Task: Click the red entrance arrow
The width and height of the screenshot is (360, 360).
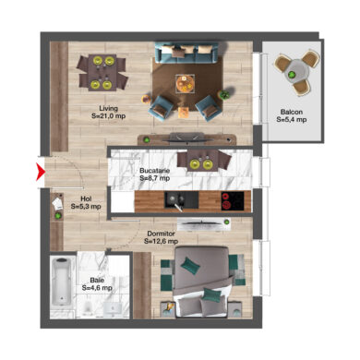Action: pyautogui.click(x=41, y=172)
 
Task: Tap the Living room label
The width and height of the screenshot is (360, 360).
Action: pyautogui.click(x=108, y=108)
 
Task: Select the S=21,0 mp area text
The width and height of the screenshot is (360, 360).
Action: pyautogui.click(x=109, y=116)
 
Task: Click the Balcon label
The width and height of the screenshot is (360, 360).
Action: pyautogui.click(x=292, y=112)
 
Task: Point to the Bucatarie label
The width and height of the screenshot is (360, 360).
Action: pyautogui.click(x=155, y=171)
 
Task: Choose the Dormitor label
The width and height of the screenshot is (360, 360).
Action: pyautogui.click(x=161, y=234)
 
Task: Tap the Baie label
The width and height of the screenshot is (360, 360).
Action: pyautogui.click(x=97, y=281)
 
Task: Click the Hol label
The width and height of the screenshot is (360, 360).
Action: pyautogui.click(x=86, y=198)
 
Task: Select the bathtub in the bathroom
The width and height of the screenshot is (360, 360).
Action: pyautogui.click(x=62, y=282)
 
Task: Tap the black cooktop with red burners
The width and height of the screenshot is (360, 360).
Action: pyautogui.click(x=233, y=201)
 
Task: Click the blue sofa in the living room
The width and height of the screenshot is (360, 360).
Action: pyautogui.click(x=186, y=53)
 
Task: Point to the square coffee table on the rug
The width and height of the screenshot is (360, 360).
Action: pyautogui.click(x=186, y=83)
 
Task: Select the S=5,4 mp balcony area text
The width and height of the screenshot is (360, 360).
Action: pyautogui.click(x=292, y=120)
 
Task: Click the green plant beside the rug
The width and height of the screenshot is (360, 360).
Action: pyautogui.click(x=225, y=95)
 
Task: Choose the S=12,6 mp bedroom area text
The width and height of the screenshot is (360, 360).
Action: pyautogui.click(x=161, y=242)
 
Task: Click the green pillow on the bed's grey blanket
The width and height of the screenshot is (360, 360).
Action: pyautogui.click(x=190, y=265)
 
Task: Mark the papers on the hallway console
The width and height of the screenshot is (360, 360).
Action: pyautogui.click(x=57, y=204)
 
